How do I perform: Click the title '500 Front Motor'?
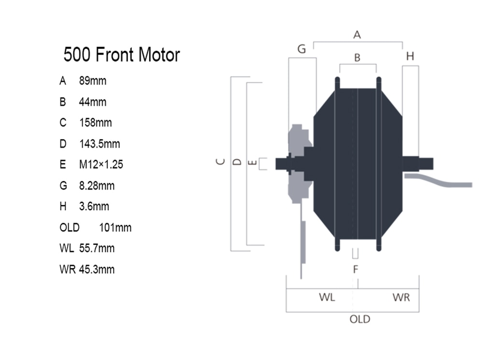(122, 55)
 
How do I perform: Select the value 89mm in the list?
(93, 81)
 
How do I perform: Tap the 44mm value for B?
(93, 101)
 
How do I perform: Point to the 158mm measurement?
(96, 123)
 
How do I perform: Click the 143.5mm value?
(99, 144)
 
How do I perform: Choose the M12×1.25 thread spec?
(101, 165)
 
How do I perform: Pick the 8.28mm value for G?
(97, 186)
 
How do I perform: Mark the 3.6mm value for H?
(94, 206)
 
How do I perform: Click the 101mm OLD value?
(115, 228)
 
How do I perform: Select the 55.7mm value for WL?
(97, 248)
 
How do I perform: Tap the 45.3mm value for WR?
(97, 269)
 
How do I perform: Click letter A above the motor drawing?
(357, 34)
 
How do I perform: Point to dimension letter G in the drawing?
(301, 49)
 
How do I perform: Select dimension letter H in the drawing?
(410, 56)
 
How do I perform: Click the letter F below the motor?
(355, 269)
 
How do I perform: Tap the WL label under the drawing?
(327, 298)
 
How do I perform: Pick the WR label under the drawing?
(401, 298)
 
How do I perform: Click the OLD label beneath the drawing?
(360, 319)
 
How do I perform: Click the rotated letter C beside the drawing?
(221, 161)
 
